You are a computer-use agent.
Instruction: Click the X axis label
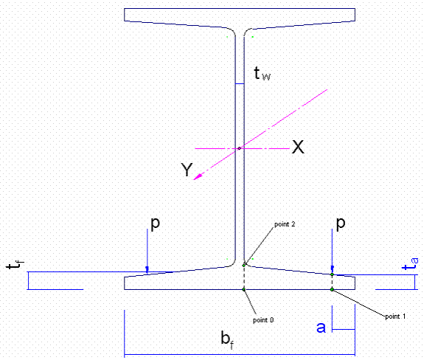(298, 147)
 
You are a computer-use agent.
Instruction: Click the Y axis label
(187, 170)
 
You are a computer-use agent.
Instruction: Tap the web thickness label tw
(262, 73)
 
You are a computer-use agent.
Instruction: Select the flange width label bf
(227, 339)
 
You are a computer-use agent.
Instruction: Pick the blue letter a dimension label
(322, 328)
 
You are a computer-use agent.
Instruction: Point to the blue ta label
(410, 264)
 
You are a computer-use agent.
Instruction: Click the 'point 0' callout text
(263, 320)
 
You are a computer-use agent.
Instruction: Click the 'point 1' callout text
(395, 316)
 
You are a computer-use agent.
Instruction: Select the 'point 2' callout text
(285, 224)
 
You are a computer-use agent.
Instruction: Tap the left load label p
(155, 224)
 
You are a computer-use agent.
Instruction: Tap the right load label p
(341, 224)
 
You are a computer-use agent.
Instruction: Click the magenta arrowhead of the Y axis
(198, 176)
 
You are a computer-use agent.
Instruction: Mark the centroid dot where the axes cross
(240, 148)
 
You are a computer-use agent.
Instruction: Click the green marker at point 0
(243, 290)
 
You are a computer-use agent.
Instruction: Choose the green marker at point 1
(332, 290)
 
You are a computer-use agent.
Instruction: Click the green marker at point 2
(243, 266)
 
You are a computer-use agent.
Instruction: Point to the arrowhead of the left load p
(147, 269)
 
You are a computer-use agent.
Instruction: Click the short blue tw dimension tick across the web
(240, 84)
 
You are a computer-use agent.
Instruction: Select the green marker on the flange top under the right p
(332, 274)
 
